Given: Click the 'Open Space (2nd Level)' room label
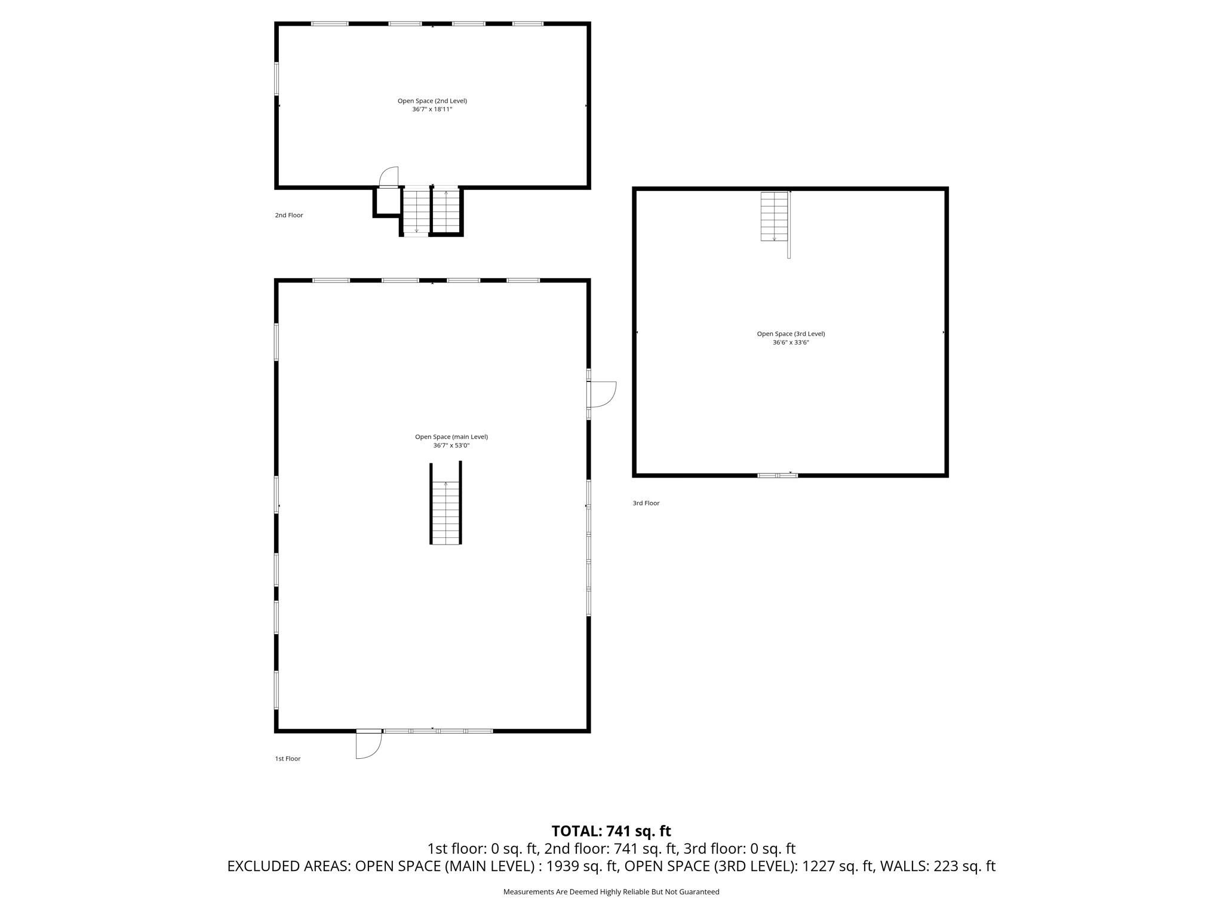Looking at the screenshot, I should pos(432,101).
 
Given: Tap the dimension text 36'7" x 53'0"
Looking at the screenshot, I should pos(451,445).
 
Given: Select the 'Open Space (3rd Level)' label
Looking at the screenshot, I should pos(791,334).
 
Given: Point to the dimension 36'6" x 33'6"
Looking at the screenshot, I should pos(791,343).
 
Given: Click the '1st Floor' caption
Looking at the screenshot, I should pos(288,759).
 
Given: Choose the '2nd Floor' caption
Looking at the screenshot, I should pos(289,216).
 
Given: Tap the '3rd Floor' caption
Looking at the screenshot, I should pos(646,503).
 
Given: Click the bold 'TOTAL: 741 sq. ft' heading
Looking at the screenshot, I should pos(611,831).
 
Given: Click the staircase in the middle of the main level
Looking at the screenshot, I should pos(445,512).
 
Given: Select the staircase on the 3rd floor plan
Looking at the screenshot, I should pos(774,216).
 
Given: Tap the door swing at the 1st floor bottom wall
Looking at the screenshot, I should pos(367,745).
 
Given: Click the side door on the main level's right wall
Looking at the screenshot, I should pos(601,394).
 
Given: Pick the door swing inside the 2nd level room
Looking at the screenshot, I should pos(389,177).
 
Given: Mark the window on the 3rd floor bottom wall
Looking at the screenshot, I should pos(778,475).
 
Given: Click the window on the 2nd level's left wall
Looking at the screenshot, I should pos(276,78).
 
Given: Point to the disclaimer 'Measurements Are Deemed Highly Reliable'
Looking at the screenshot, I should pos(611,892).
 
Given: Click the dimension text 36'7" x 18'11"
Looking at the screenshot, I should pos(432,110).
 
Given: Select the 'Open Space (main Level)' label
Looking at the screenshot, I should pos(451,437).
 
